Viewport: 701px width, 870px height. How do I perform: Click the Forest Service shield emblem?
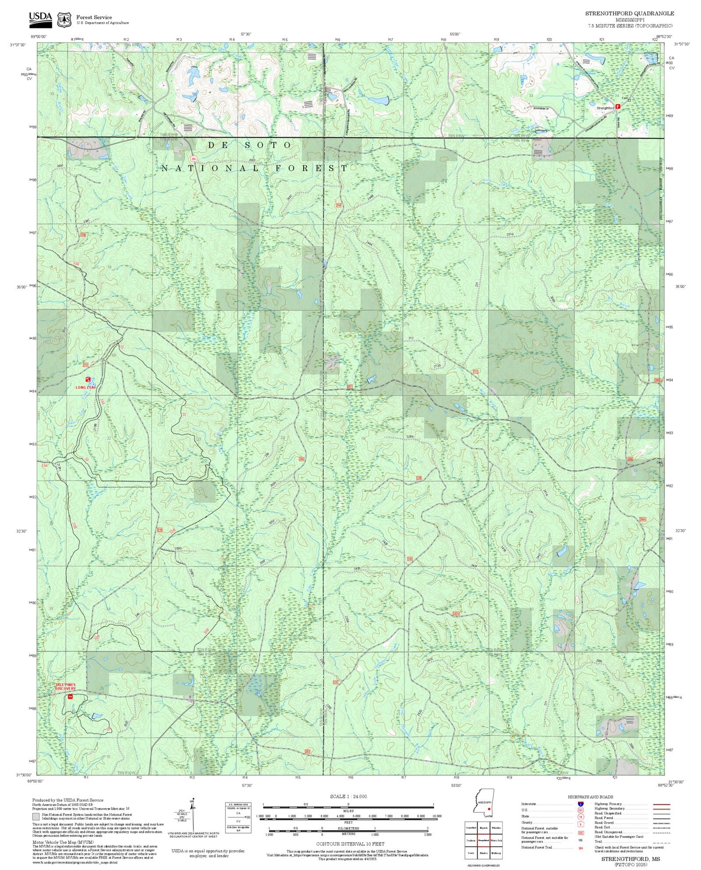[64, 19]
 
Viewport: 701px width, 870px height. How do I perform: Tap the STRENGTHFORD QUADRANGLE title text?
[629, 13]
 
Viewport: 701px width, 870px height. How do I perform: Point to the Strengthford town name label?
[605, 108]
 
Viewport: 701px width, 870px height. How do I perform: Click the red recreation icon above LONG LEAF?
[88, 380]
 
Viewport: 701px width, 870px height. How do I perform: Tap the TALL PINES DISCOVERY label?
[65, 687]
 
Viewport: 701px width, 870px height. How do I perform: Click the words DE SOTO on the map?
[250, 145]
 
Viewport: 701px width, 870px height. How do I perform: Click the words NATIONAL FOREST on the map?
[255, 168]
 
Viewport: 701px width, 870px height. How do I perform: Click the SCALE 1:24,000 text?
[348, 796]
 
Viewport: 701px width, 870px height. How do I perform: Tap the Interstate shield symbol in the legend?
[580, 804]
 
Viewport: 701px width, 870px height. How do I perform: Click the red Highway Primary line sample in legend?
[661, 804]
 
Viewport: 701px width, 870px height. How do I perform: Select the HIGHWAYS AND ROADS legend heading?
[590, 797]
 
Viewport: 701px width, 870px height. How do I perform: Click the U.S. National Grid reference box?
[238, 818]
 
